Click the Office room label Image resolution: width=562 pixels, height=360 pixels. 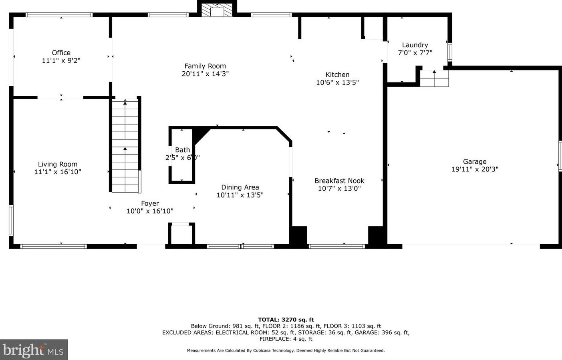pos(61,53)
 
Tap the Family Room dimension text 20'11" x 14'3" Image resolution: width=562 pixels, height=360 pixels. pos(205,74)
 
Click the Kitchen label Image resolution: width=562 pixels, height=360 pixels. pos(337,75)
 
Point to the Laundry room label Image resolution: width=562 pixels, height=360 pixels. pos(415,45)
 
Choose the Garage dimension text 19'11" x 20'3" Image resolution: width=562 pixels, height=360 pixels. pos(475,169)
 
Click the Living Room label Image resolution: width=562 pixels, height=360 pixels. pos(58,164)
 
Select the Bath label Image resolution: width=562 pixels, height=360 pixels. pos(182,150)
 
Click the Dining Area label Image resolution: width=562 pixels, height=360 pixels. pos(240,187)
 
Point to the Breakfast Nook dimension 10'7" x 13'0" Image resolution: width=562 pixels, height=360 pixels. pos(339,189)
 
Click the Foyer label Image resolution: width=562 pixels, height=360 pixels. pos(150,203)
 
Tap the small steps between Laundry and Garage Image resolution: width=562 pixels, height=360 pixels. pos(434,78)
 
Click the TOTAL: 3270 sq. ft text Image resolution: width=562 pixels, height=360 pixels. pos(286,320)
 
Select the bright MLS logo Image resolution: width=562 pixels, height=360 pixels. pos(34,350)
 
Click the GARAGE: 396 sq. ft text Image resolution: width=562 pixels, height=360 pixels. pos(385,332)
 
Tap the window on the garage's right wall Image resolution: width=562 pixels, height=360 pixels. pos(560,156)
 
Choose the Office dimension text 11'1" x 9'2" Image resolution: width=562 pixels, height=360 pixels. pos(61,61)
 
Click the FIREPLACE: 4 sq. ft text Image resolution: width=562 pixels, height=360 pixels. pos(286,339)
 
